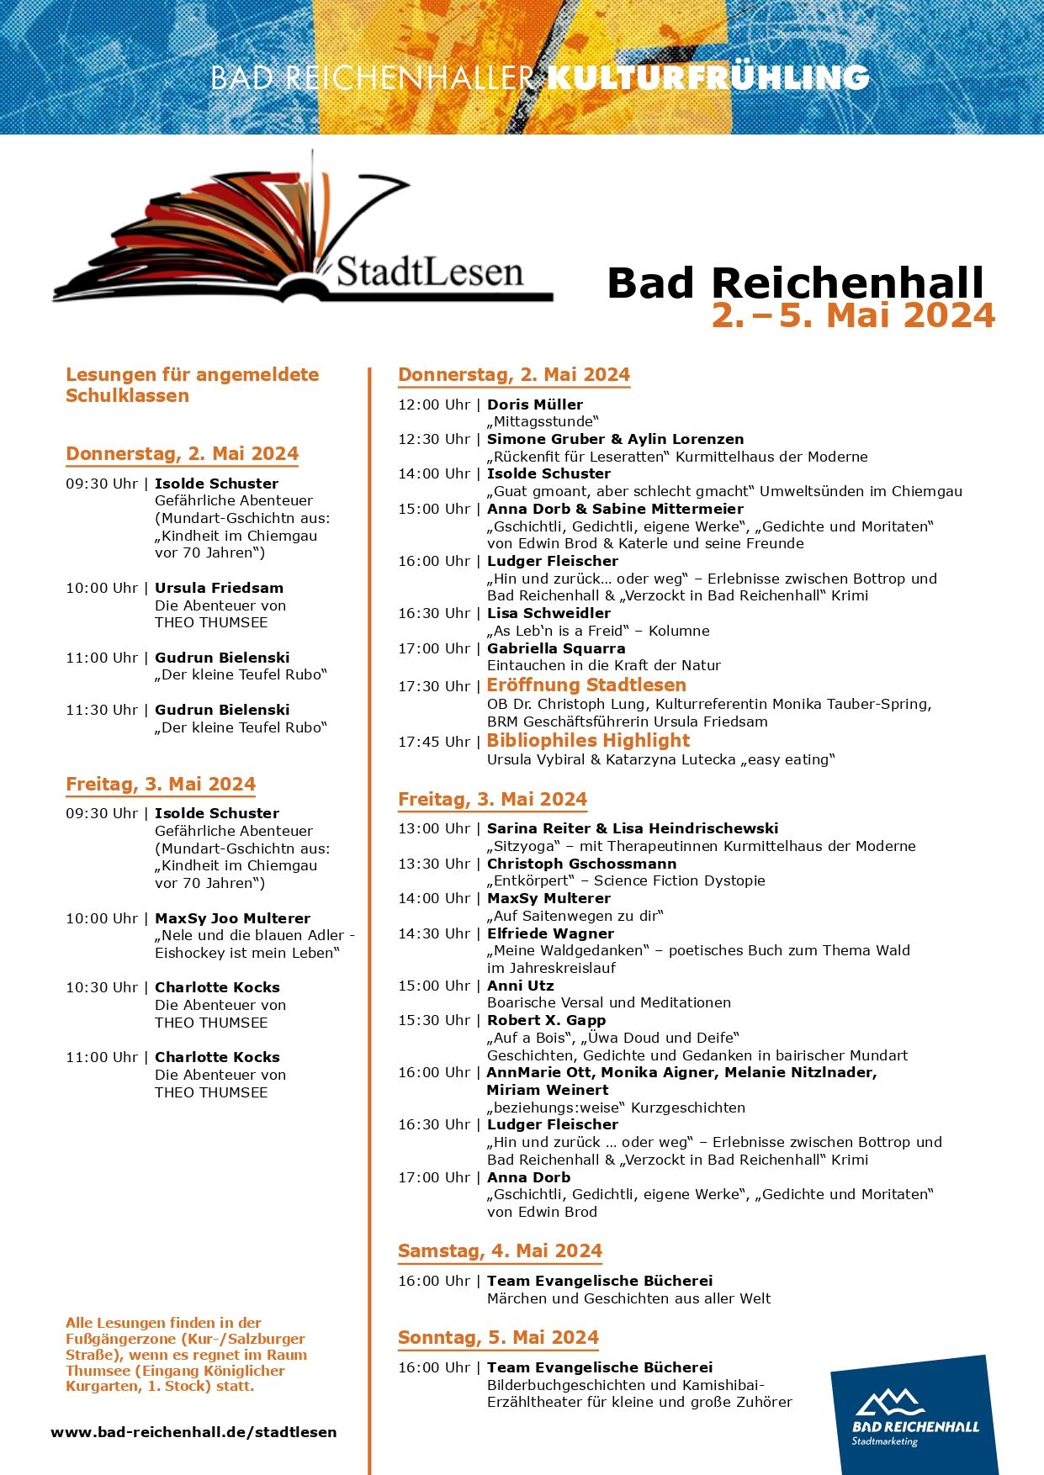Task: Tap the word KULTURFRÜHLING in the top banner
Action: coord(707,77)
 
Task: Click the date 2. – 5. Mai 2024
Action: coord(853,315)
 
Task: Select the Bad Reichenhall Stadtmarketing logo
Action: coord(914,1415)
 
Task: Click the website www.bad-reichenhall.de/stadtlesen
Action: coord(193,1432)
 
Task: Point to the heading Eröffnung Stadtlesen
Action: coord(586,685)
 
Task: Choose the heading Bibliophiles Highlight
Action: coord(588,741)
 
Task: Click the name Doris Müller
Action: coord(535,404)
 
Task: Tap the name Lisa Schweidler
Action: coord(548,613)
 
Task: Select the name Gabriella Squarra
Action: coord(556,648)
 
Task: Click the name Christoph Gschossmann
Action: coord(581,864)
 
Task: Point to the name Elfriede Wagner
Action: coord(550,933)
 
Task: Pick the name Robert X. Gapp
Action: coord(546,1020)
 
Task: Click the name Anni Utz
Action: coord(520,986)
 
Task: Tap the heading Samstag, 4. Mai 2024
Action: coord(500,1251)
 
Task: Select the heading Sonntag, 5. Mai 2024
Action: coord(498,1338)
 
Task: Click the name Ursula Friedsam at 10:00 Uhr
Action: coord(219,588)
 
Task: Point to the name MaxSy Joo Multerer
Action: coord(232,918)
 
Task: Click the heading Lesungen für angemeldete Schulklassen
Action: coord(192,385)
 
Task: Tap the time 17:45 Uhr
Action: coord(434,742)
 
